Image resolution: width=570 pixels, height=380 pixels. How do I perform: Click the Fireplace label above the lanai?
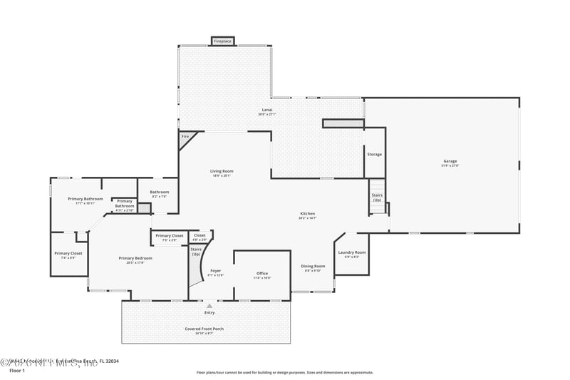(x=222, y=41)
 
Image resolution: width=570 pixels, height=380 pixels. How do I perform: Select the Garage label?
(x=450, y=163)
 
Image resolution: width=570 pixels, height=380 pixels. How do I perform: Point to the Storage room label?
(x=374, y=154)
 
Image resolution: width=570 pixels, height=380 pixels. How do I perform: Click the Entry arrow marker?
(x=209, y=306)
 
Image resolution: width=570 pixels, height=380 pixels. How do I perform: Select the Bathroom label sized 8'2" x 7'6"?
(x=159, y=193)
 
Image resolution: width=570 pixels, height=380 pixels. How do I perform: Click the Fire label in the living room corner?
(x=185, y=136)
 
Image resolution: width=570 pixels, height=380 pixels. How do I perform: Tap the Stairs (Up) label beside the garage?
(x=377, y=197)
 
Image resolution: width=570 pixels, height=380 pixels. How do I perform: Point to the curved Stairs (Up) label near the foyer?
(x=196, y=252)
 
